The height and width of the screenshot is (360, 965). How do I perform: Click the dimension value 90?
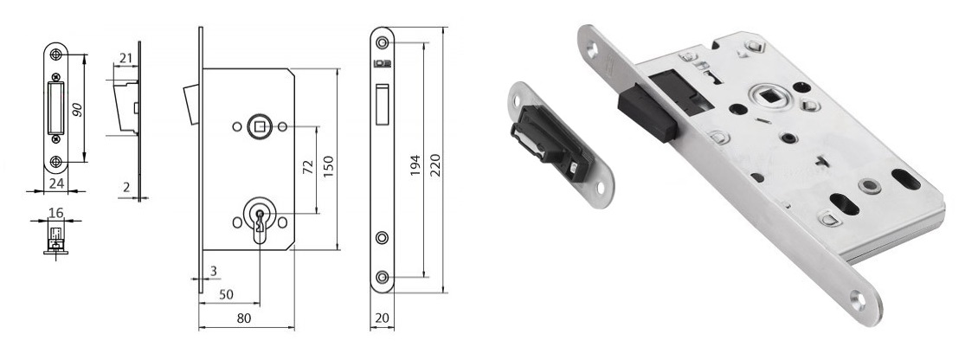(x=78, y=109)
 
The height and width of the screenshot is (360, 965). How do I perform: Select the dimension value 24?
(x=55, y=183)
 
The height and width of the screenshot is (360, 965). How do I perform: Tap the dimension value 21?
(x=126, y=59)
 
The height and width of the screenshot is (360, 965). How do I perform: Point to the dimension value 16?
(x=56, y=213)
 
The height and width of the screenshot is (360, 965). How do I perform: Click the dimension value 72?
(x=309, y=167)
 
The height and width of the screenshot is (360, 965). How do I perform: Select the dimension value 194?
(x=415, y=165)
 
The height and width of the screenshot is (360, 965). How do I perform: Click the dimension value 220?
(x=435, y=165)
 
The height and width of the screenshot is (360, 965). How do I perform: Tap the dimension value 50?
(x=227, y=295)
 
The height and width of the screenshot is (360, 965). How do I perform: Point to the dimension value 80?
(x=244, y=318)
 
